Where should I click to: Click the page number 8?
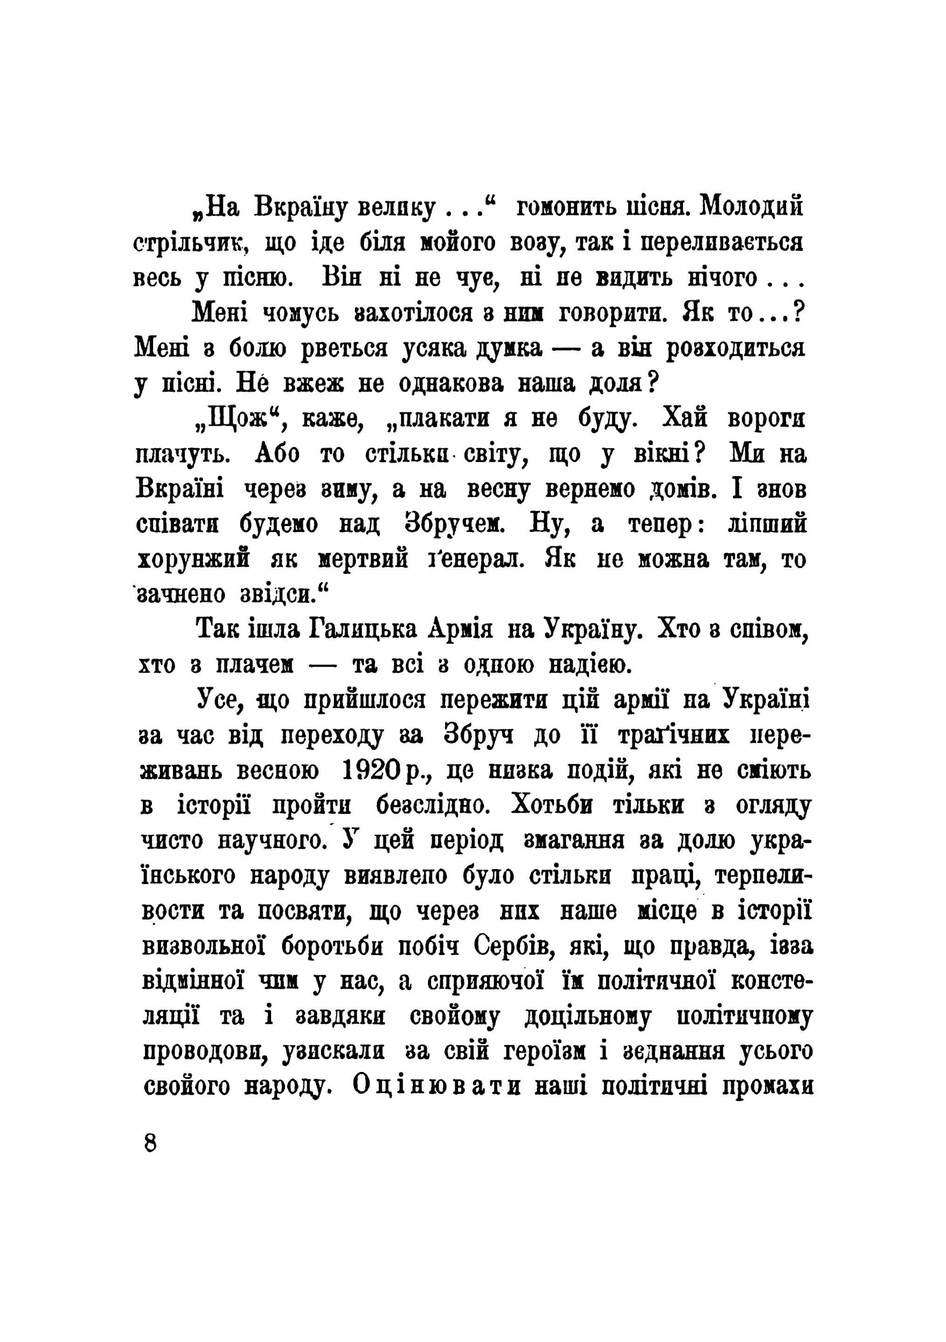[x=150, y=1142]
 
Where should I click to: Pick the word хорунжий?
[x=193, y=559]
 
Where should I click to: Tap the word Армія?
[x=461, y=630]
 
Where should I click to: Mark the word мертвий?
[x=363, y=559]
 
